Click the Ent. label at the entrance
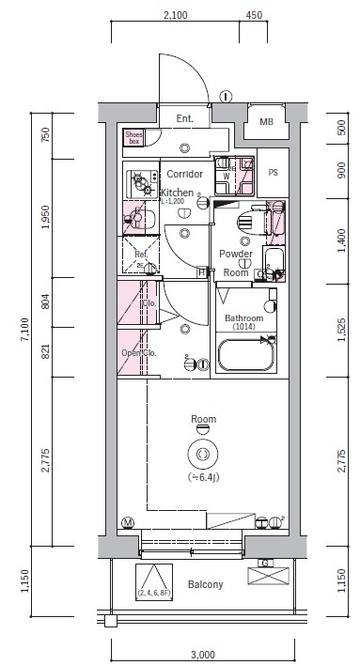click(183, 118)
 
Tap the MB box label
click(266, 122)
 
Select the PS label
click(274, 173)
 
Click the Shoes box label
click(133, 137)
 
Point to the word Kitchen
click(176, 193)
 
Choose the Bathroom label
click(246, 317)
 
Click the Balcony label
click(206, 584)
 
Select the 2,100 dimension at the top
click(175, 15)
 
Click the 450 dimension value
click(253, 15)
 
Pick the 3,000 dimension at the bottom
click(202, 655)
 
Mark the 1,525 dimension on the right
click(340, 328)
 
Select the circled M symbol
click(128, 521)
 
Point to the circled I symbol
click(226, 96)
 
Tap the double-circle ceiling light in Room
click(201, 454)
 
